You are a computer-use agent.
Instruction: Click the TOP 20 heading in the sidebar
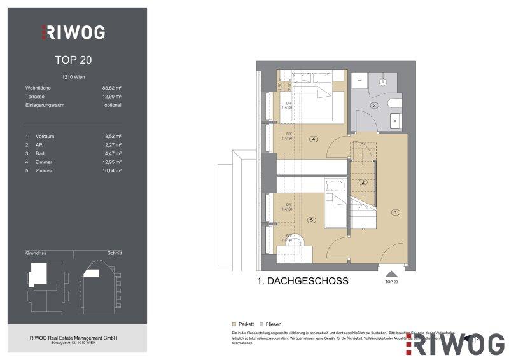[x=73, y=61]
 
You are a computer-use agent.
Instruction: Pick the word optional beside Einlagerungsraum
[x=112, y=105]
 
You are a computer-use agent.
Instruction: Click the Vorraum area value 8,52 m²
[x=112, y=137]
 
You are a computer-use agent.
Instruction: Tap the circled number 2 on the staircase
[x=362, y=183]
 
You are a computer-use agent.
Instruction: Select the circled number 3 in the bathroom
[x=375, y=106]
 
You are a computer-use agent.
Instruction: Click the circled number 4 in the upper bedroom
[x=313, y=139]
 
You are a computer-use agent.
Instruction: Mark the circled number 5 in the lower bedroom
[x=311, y=220]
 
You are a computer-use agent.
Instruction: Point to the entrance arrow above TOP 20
[x=391, y=273]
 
